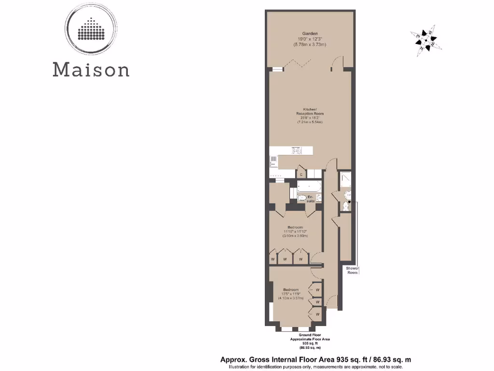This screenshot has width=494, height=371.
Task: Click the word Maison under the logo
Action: coord(91,69)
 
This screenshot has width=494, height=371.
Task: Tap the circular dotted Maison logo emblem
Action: coord(91,30)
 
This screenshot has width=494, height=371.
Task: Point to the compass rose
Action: coord(425,40)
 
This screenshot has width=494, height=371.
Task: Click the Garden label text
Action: coord(309,34)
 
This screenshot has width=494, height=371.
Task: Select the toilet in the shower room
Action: coord(345,207)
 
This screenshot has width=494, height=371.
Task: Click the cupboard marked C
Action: coord(302,173)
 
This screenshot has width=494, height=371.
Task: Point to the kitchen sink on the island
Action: coord(297,151)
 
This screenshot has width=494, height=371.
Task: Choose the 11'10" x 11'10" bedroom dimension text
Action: coord(295,231)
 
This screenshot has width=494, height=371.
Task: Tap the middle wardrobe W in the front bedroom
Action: coord(318,301)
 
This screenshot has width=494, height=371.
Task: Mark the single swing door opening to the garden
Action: coord(338,64)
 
